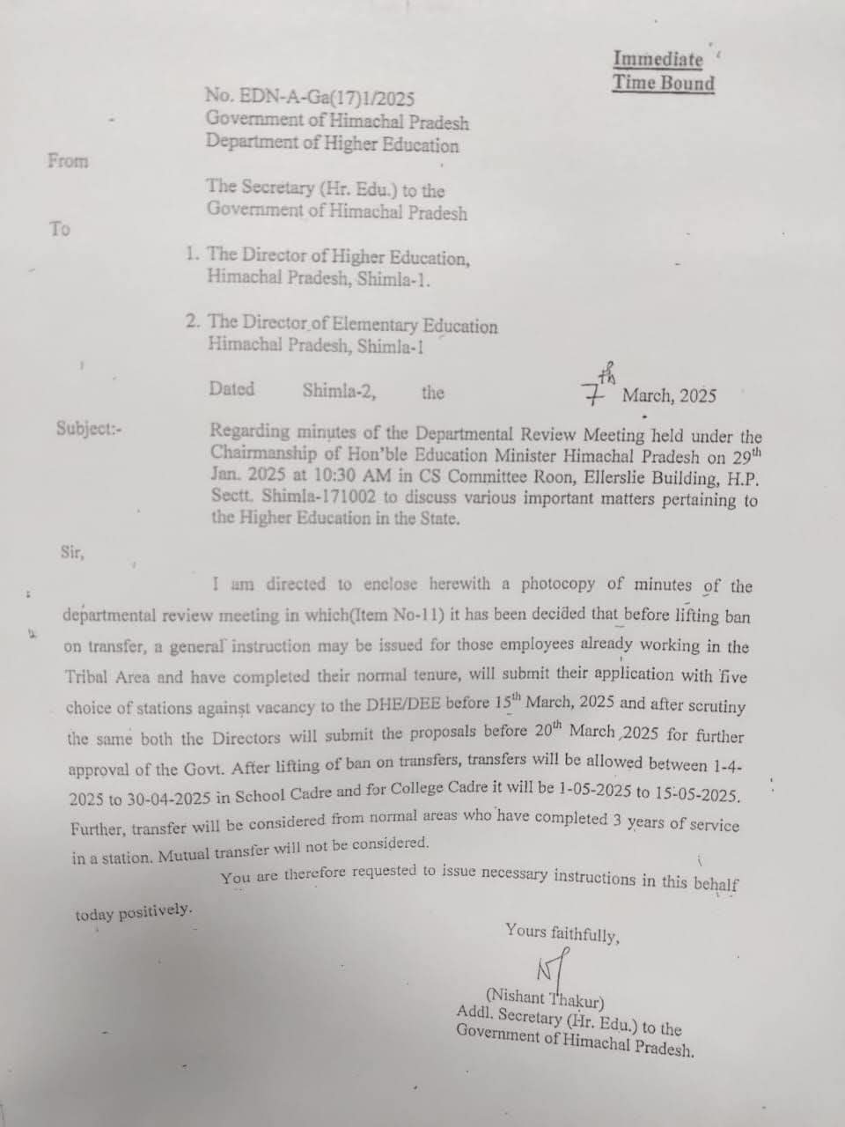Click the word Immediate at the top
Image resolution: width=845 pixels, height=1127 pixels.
[658, 60]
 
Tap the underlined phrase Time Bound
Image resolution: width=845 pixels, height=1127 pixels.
[664, 84]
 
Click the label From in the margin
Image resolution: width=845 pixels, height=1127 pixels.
[69, 161]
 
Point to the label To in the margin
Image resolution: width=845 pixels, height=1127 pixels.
[60, 229]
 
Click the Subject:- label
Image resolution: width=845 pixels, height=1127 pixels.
[90, 429]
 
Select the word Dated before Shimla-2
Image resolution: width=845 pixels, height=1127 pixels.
[232, 389]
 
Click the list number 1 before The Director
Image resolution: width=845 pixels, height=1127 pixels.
[192, 254]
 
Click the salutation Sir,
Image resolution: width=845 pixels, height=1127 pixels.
[72, 553]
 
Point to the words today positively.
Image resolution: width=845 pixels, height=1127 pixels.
[133, 912]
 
